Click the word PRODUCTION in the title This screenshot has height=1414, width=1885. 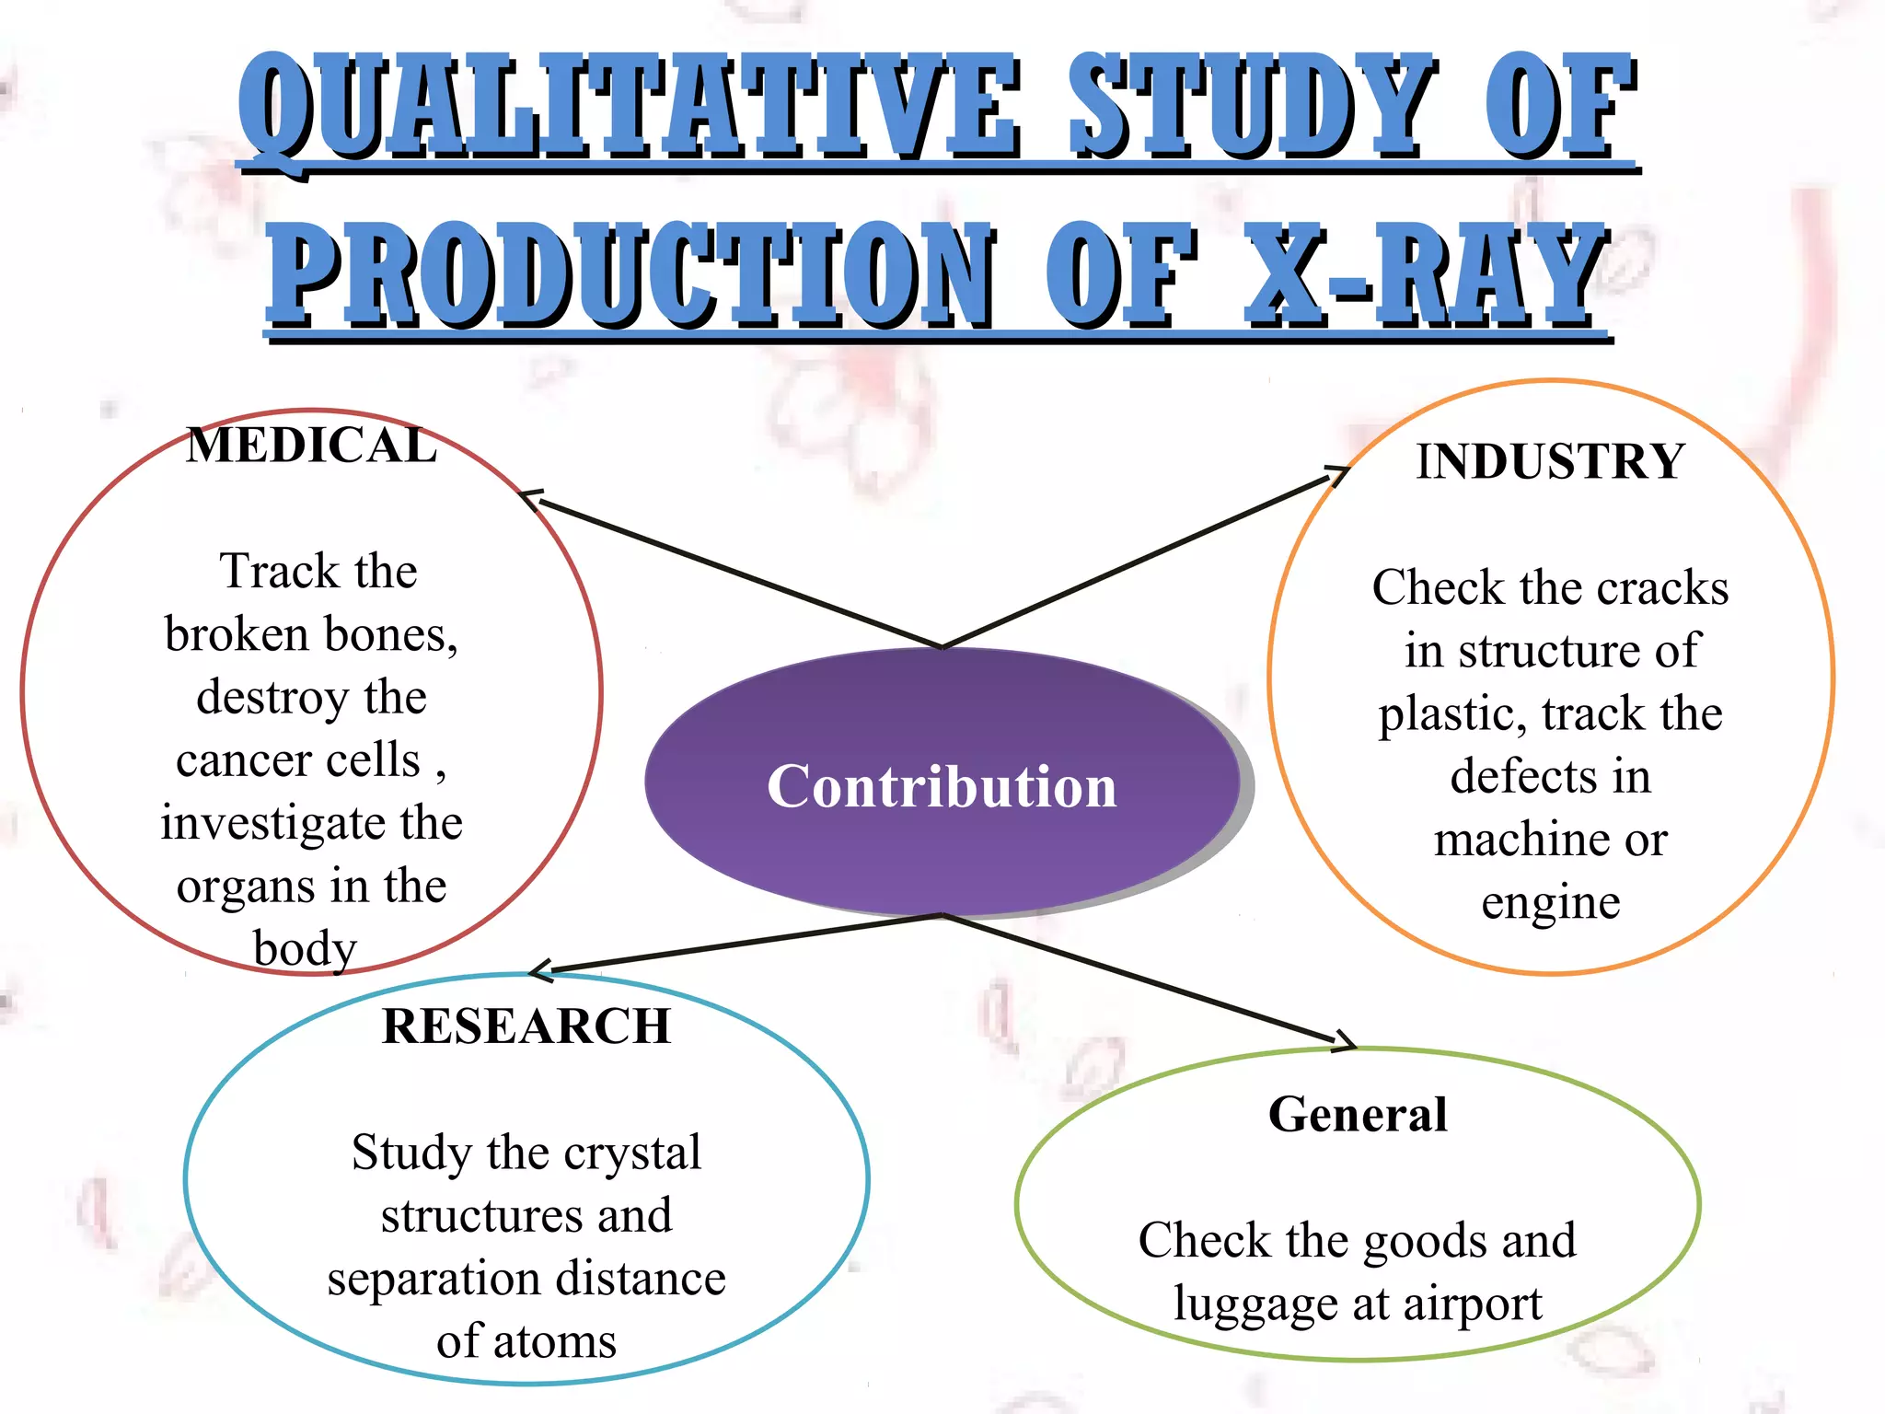tap(631, 274)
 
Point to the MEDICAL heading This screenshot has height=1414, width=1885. tap(311, 446)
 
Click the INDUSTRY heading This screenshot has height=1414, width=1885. tap(1550, 461)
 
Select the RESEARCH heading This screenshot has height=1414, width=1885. tap(526, 1026)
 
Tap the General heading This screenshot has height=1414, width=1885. tap(1358, 1114)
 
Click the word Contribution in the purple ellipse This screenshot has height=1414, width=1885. tap(942, 787)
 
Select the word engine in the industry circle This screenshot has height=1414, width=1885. tap(1550, 903)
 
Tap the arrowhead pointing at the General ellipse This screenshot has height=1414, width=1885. tap(1346, 1042)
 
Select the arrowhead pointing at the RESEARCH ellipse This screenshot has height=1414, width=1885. tap(539, 969)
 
